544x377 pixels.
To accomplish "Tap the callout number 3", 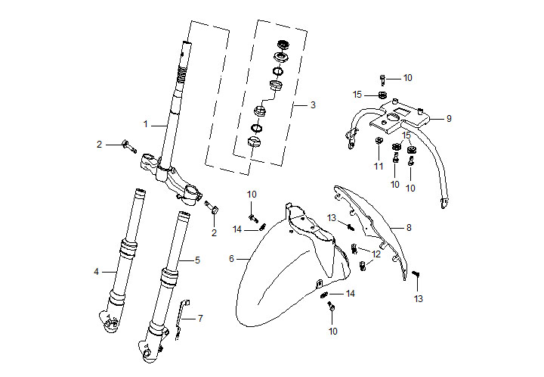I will tap(313, 105).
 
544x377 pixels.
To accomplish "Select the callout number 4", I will tap(96, 271).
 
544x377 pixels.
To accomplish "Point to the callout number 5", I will tap(198, 260).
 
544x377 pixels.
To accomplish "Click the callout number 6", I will tap(232, 259).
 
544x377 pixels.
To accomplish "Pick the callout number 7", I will tap(200, 319).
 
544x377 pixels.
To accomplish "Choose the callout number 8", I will tap(409, 227).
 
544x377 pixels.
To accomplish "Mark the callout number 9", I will tap(448, 118).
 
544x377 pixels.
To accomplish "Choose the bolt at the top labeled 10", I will tap(384, 78).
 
